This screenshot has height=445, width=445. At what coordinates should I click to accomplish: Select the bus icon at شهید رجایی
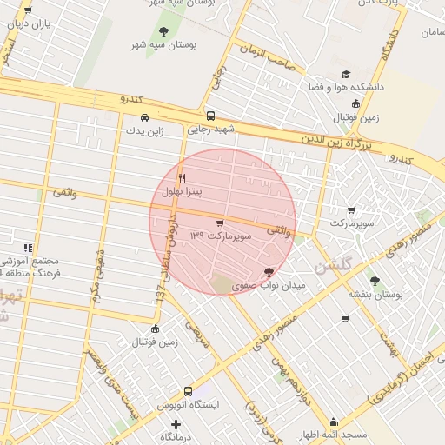pos(210,116)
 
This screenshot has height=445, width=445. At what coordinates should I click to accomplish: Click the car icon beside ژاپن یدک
pos(144,117)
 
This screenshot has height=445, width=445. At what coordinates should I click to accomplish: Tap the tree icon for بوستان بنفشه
pos(375,281)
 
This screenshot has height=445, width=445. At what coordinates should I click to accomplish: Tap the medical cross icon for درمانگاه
pos(176,423)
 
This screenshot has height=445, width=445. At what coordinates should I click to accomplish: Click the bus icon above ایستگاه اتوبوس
pos(188,391)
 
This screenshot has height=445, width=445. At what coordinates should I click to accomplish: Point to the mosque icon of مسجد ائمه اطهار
pos(333,422)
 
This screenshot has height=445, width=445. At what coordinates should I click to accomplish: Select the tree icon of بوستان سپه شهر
pos(163,31)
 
